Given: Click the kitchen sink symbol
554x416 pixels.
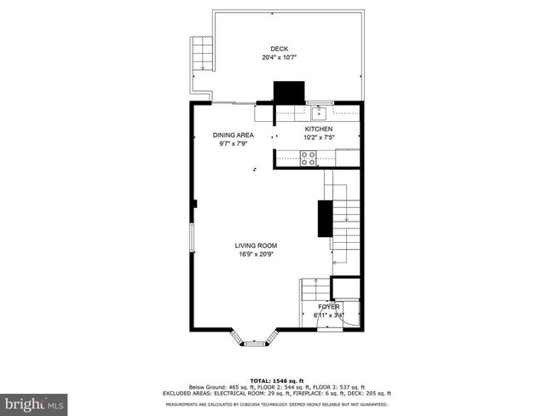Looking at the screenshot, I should point(321,109).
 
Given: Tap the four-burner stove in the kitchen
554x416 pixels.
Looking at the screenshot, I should point(308,157).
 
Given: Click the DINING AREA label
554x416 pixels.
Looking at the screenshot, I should point(234,135).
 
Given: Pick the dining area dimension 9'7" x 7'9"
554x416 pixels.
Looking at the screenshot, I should point(234,143).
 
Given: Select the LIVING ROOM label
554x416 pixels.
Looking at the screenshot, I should point(256,246).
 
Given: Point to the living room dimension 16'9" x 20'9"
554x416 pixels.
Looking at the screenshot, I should point(256,254).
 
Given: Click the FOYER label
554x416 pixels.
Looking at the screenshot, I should point(329,306).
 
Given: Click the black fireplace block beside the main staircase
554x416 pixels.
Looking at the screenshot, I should point(325,218).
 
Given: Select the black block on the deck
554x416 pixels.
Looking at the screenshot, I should point(288,92).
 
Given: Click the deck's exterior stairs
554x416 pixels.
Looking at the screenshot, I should point(202,55).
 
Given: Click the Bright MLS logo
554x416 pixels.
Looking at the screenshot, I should point(35,401).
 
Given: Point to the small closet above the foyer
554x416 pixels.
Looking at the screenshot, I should point(345,288).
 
